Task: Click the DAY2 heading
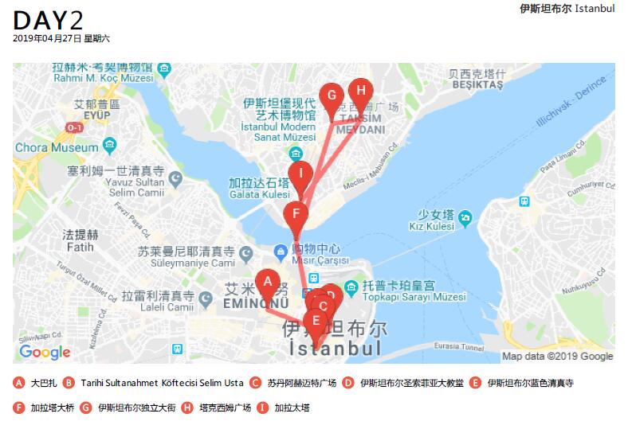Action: click(49, 21)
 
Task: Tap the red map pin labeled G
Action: click(332, 98)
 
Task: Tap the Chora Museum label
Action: click(56, 147)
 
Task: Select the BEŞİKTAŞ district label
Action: click(476, 84)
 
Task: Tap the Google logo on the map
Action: click(45, 352)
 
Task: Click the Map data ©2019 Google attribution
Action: click(557, 356)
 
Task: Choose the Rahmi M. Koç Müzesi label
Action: click(102, 78)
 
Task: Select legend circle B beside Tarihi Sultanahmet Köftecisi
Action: click(69, 383)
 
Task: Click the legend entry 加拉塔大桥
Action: click(52, 408)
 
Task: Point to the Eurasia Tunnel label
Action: click(461, 346)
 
